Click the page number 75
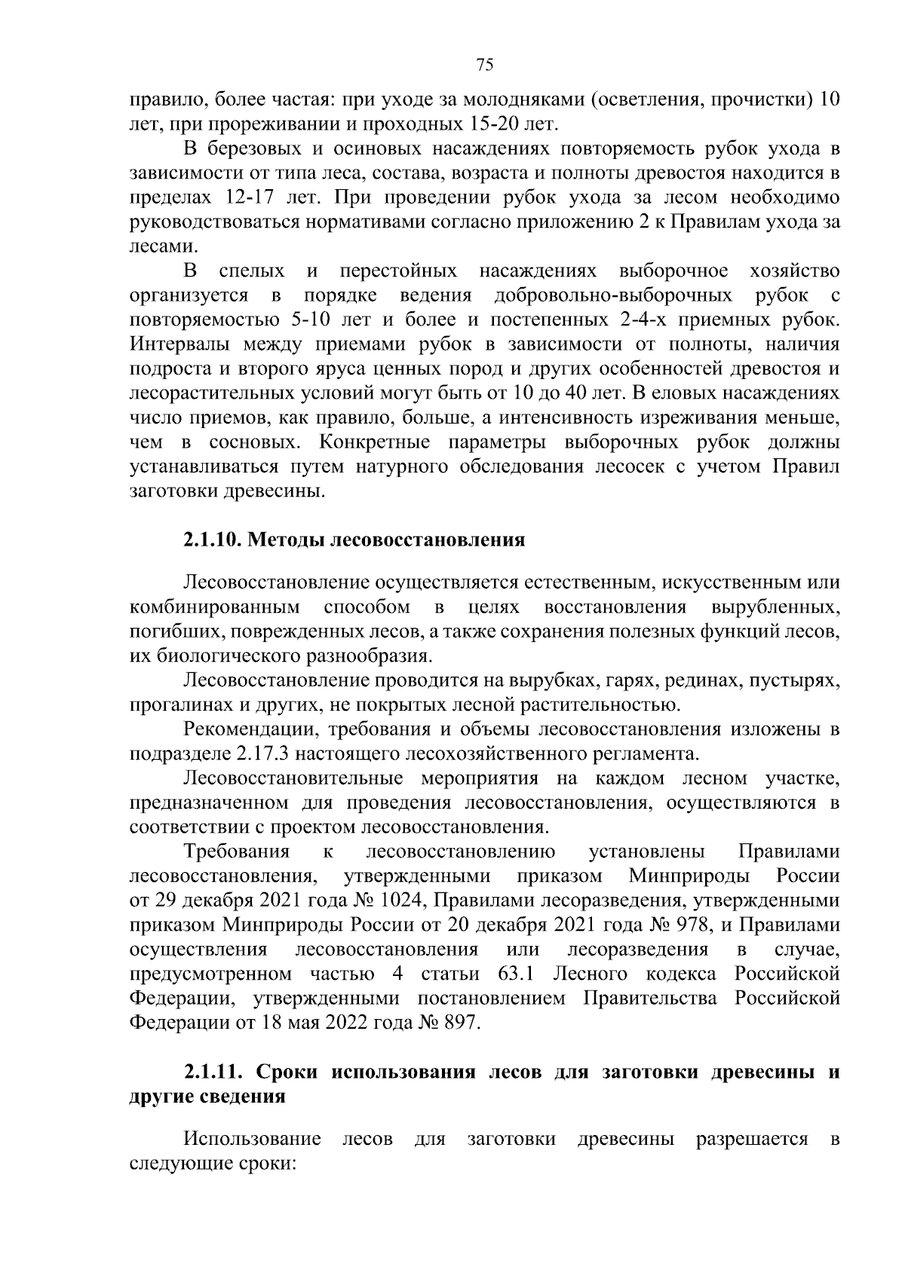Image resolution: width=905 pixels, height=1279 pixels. click(x=485, y=65)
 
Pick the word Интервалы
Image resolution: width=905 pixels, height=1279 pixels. click(x=179, y=344)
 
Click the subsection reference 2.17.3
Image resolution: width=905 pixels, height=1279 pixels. click(x=262, y=754)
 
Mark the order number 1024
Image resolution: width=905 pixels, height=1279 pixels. click(x=402, y=901)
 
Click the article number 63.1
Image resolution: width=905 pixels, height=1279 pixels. click(x=517, y=975)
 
